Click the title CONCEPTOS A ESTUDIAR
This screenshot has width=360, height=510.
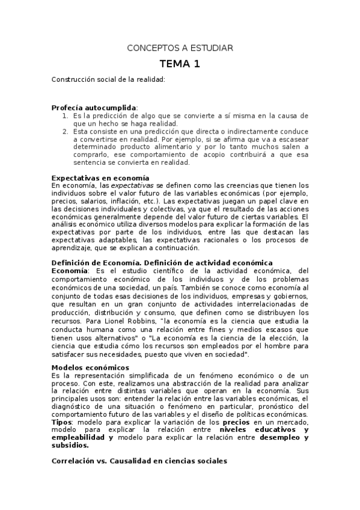[x=180, y=48]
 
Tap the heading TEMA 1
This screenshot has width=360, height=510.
[x=180, y=64]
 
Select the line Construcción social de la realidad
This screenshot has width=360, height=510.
[x=108, y=79]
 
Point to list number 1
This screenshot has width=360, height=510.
[x=66, y=115]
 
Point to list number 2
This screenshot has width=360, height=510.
[x=66, y=131]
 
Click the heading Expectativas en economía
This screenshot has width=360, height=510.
[x=100, y=178]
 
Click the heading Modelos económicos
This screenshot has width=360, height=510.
[x=90, y=367]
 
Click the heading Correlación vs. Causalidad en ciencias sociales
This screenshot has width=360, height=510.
[x=139, y=461]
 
